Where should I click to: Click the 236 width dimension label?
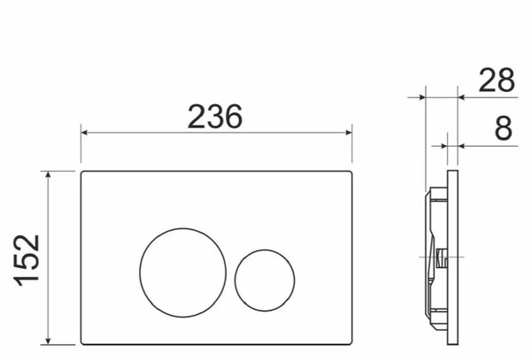click(215, 117)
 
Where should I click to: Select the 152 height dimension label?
click(27, 260)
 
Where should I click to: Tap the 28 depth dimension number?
click(496, 80)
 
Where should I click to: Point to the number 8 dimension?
click(504, 128)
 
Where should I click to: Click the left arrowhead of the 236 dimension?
click(84, 133)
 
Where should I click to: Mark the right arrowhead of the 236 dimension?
click(349, 133)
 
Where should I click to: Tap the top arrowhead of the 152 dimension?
click(48, 174)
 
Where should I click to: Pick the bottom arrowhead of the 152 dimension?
click(48, 341)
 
